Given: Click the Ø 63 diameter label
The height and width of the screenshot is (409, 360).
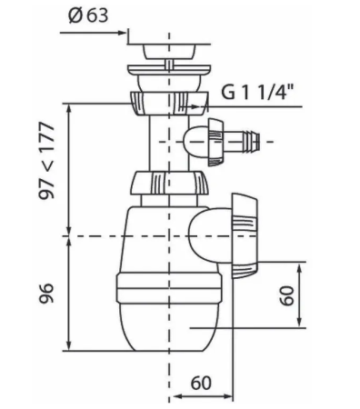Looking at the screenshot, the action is pyautogui.click(x=88, y=15).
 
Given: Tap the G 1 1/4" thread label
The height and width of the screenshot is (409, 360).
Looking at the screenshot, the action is pyautogui.click(x=257, y=92).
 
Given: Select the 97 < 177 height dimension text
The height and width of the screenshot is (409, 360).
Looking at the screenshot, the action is pyautogui.click(x=47, y=160).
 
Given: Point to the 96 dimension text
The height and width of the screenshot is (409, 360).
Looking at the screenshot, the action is pyautogui.click(x=47, y=294).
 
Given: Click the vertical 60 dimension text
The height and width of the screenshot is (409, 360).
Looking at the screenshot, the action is pyautogui.click(x=287, y=295).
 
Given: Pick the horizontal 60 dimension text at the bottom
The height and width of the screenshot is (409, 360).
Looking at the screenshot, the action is pyautogui.click(x=201, y=383).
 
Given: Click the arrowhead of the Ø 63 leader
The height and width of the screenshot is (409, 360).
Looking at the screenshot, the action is pyautogui.click(x=122, y=33).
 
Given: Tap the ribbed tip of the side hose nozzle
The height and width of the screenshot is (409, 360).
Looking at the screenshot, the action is pyautogui.click(x=254, y=142).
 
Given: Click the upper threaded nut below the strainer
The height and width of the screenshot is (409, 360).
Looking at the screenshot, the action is pyautogui.click(x=169, y=104).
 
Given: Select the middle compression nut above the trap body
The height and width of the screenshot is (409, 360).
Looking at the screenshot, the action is pyautogui.click(x=170, y=184).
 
